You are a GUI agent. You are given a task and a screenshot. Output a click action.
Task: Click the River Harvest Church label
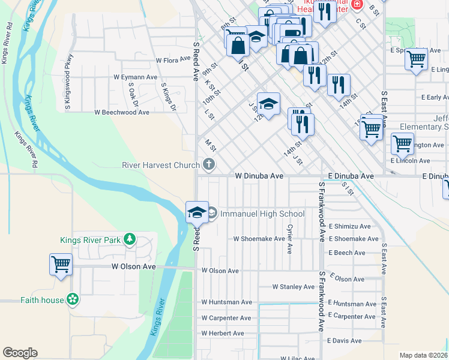click(160, 165)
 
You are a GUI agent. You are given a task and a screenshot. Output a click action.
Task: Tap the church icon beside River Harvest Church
click(209, 164)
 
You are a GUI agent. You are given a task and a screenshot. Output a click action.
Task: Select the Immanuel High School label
click(262, 214)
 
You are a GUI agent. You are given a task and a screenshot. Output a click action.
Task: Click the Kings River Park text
click(90, 241)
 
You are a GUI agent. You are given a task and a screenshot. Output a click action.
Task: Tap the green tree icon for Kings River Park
click(129, 240)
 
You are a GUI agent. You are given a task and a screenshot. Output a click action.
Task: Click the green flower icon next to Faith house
click(73, 299)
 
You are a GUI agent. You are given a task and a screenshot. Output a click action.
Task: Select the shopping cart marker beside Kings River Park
click(61, 264)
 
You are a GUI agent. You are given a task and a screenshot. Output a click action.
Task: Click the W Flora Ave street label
click(173, 61)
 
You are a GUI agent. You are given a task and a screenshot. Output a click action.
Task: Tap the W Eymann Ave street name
click(135, 77)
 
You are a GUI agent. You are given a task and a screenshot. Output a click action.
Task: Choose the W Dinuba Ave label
click(259, 176)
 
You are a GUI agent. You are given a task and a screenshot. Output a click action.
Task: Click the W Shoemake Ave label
click(259, 239)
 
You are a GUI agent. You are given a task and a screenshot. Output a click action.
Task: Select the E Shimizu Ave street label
click(349, 226)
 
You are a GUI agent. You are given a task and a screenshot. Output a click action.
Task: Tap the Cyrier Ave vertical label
click(290, 239)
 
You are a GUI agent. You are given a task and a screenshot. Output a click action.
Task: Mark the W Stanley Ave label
click(293, 287)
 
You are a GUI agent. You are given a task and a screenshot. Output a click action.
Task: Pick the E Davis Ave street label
click(345, 341)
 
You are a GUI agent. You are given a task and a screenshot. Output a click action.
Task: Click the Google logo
click(20, 353)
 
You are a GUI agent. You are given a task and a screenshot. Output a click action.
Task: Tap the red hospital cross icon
click(357, 5)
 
